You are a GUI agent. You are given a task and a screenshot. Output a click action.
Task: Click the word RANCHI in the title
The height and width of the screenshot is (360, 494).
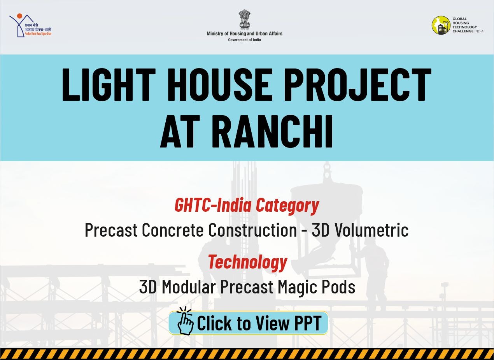272,132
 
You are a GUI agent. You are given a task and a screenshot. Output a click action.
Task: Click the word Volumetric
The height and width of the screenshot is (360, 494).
360,230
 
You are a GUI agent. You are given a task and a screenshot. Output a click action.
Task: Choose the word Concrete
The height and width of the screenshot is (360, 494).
173,230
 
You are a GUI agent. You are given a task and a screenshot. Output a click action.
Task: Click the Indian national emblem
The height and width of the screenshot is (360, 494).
244,19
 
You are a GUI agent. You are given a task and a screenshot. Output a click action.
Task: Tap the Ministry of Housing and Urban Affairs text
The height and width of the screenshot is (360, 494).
244,34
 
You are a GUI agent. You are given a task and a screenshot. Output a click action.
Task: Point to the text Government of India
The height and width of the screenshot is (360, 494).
244,40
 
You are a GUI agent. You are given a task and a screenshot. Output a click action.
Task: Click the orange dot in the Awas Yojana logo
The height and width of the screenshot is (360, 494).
20,16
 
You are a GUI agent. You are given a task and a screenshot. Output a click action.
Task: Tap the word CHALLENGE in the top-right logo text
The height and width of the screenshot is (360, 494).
463,31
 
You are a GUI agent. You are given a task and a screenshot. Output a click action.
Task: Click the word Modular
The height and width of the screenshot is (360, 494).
189,287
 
